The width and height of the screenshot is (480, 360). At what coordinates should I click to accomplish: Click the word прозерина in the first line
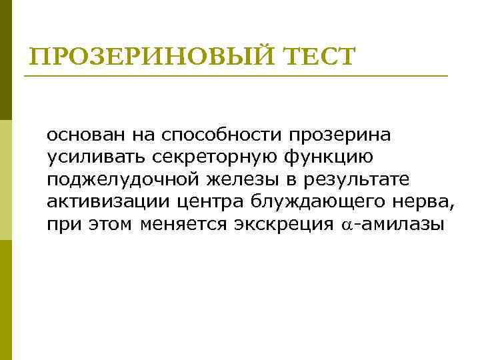[340, 136]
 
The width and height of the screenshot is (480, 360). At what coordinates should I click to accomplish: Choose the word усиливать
[91, 158]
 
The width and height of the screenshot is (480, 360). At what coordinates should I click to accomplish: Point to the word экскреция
[284, 224]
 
